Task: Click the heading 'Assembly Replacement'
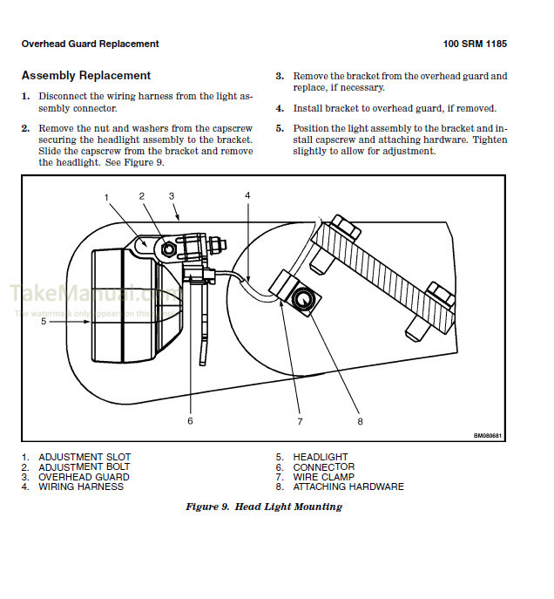click(x=85, y=76)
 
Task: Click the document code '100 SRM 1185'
click(x=475, y=44)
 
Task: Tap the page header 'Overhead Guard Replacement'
click(x=90, y=44)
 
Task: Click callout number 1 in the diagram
click(x=107, y=197)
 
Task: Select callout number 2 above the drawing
click(x=141, y=196)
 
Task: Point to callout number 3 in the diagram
click(x=172, y=196)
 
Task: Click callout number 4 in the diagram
click(x=247, y=196)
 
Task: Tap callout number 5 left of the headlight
click(x=43, y=321)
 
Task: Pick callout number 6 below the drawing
click(x=190, y=421)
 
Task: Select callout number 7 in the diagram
click(x=299, y=421)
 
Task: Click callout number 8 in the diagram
click(x=359, y=421)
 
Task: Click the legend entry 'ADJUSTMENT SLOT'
click(x=84, y=457)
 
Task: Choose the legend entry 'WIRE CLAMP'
click(x=323, y=477)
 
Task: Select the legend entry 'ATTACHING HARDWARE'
click(x=348, y=487)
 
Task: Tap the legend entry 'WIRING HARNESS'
click(x=80, y=487)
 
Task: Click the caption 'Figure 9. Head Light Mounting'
click(x=264, y=507)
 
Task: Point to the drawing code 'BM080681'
click(x=488, y=436)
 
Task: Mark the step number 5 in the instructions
click(x=280, y=128)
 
